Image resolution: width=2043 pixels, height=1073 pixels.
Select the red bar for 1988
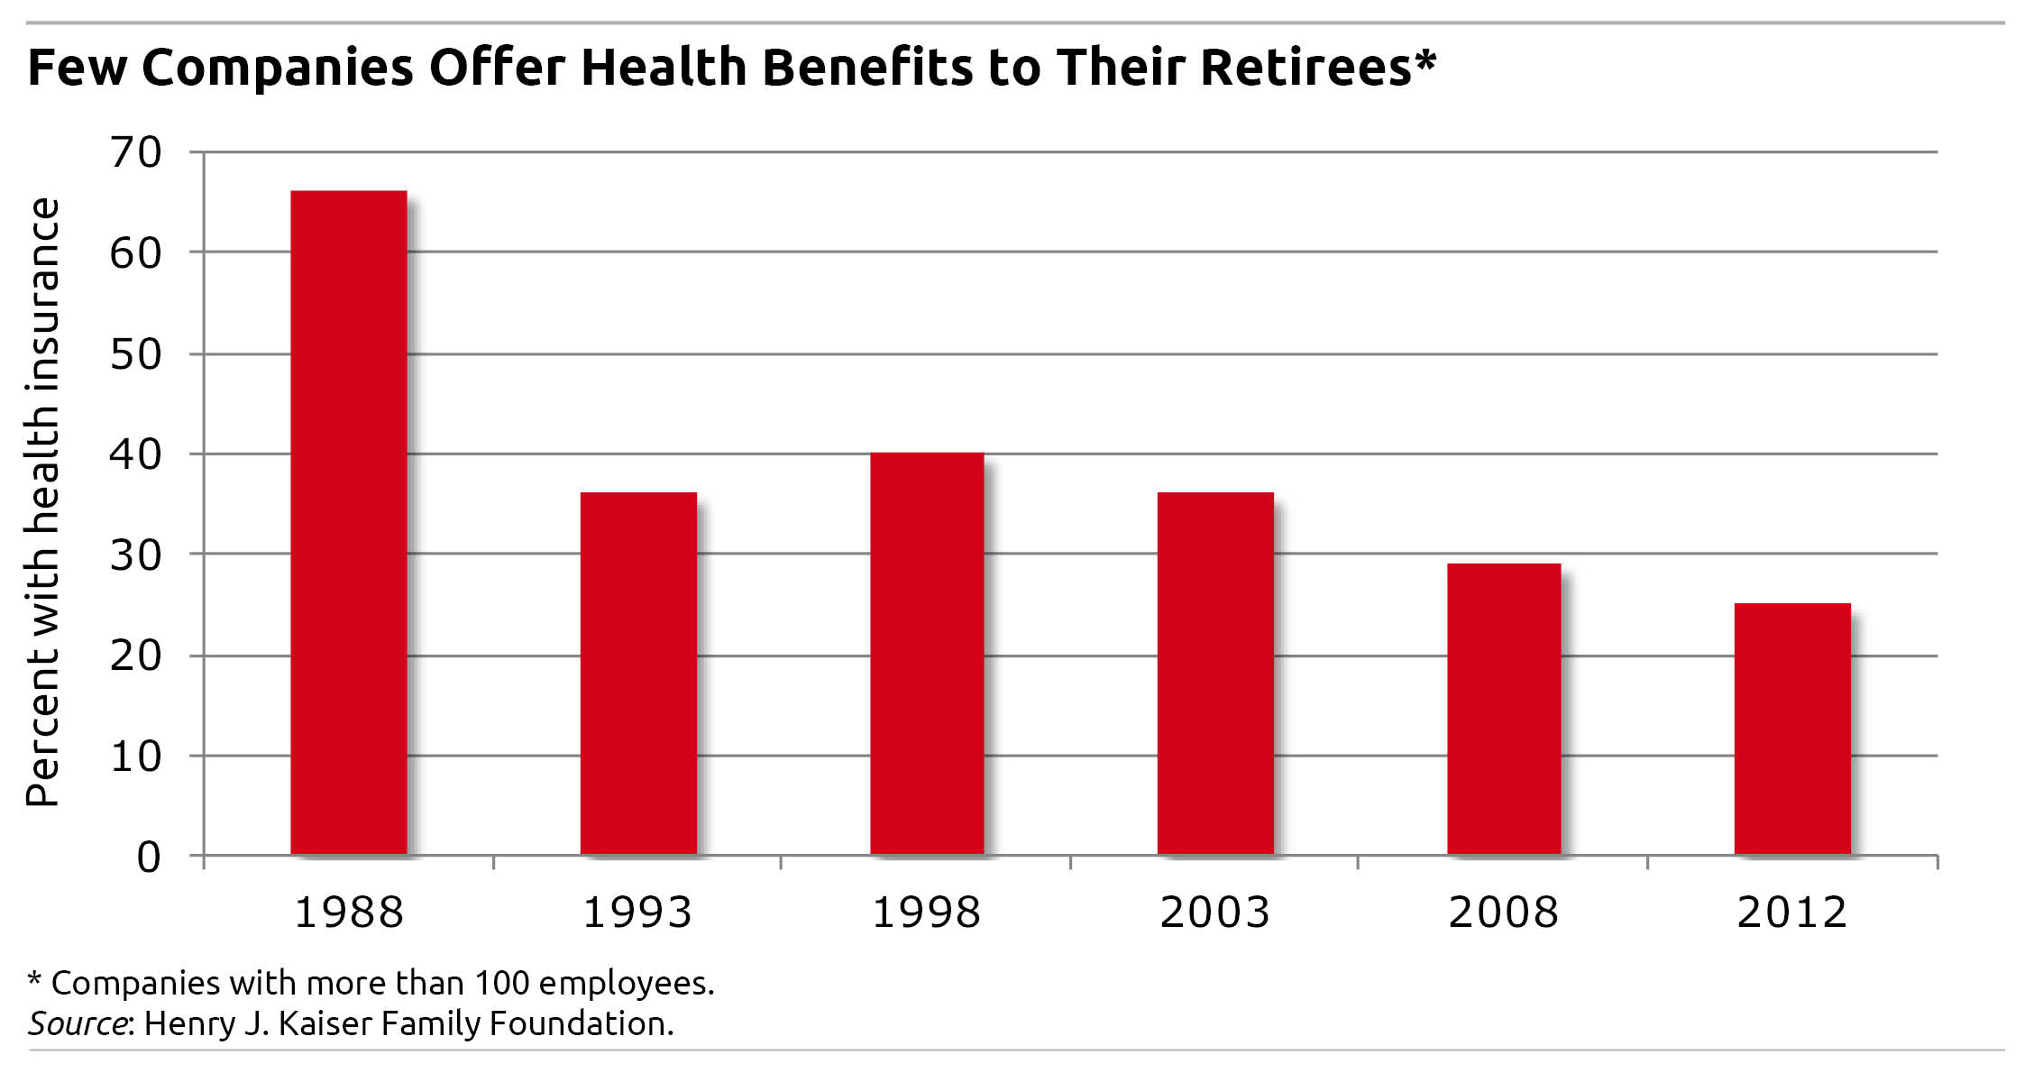coord(349,523)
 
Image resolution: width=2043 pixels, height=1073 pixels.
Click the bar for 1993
coord(638,673)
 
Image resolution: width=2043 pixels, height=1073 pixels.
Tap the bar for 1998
coord(927,653)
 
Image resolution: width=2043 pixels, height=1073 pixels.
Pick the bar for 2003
coord(1215,673)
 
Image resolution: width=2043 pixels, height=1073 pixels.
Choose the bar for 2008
coord(1504,709)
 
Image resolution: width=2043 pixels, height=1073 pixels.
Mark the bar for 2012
coord(1792,729)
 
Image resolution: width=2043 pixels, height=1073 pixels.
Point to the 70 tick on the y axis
coord(136,152)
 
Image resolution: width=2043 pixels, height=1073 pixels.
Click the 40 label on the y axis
coord(136,454)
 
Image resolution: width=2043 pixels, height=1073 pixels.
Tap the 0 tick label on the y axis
coord(149,857)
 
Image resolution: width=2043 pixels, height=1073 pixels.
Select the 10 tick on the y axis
coord(136,756)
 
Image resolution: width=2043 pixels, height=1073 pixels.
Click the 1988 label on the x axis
coord(349,912)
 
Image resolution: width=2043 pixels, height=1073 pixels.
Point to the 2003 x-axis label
coord(1214,912)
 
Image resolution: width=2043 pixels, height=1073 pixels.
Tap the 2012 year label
coord(1792,912)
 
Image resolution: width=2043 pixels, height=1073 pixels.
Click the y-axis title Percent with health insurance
coord(42,501)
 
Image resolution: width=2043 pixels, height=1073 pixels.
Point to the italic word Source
coord(78,1023)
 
